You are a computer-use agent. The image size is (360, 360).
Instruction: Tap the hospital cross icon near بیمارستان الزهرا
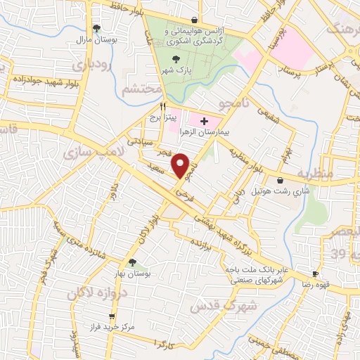(x=205, y=122)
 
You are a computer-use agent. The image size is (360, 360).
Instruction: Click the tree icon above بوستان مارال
(x=96, y=28)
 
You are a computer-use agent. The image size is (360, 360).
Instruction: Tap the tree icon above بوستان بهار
(x=132, y=262)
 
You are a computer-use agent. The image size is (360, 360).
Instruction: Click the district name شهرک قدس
(x=216, y=305)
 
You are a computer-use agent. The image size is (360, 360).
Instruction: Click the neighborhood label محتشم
(x=136, y=90)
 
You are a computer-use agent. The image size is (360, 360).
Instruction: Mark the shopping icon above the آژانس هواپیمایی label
(x=195, y=20)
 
